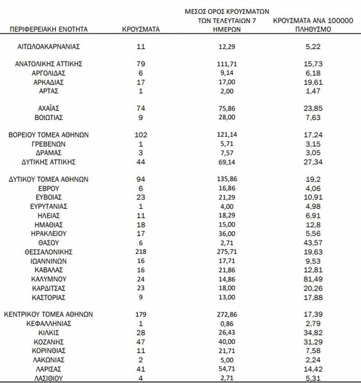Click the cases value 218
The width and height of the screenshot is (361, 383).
[141, 252]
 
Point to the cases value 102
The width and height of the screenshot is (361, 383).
[141, 134]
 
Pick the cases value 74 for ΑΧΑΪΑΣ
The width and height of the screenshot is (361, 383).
[141, 108]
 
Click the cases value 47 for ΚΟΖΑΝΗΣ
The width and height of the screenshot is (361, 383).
[141, 341]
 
